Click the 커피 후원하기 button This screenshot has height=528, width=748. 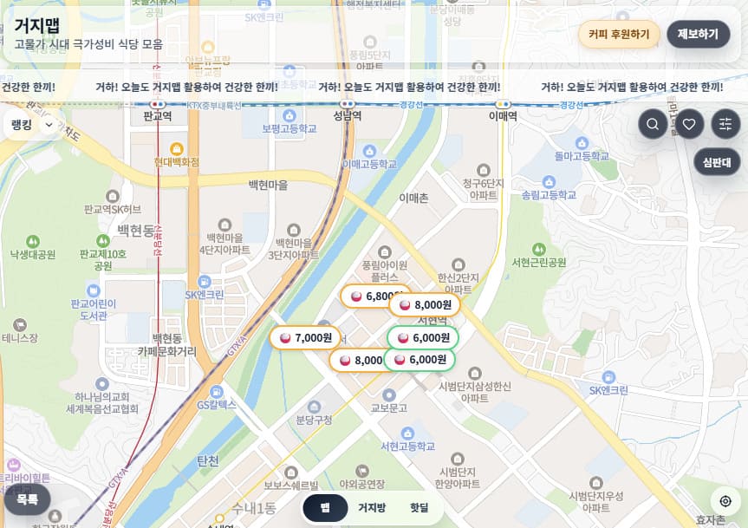pyautogui.click(x=619, y=35)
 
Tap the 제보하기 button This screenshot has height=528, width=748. pyautogui.click(x=698, y=35)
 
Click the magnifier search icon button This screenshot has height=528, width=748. pyautogui.click(x=653, y=124)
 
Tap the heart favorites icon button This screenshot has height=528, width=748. pyautogui.click(x=689, y=124)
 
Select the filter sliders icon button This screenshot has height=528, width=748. pyautogui.click(x=725, y=124)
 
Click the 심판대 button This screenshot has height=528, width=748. pyautogui.click(x=717, y=162)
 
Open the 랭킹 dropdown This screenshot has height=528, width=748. pyautogui.click(x=33, y=125)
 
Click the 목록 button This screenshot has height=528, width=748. pyautogui.click(x=27, y=499)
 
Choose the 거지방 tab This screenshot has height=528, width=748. pyautogui.click(x=372, y=507)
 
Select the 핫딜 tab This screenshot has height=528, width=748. pyautogui.click(x=419, y=507)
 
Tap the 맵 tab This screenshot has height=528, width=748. pyautogui.click(x=325, y=507)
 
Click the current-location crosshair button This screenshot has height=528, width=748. pyautogui.click(x=725, y=501)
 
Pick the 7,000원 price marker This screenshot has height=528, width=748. pyautogui.click(x=305, y=337)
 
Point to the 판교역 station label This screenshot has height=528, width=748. pyautogui.click(x=158, y=115)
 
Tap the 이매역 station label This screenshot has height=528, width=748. pyautogui.click(x=503, y=115)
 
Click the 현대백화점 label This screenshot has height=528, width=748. pyautogui.click(x=177, y=162)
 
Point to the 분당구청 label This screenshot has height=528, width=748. pyautogui.click(x=314, y=420)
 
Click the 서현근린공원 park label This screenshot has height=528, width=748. pyautogui.click(x=538, y=262)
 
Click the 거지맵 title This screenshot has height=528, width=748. pyautogui.click(x=37, y=24)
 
